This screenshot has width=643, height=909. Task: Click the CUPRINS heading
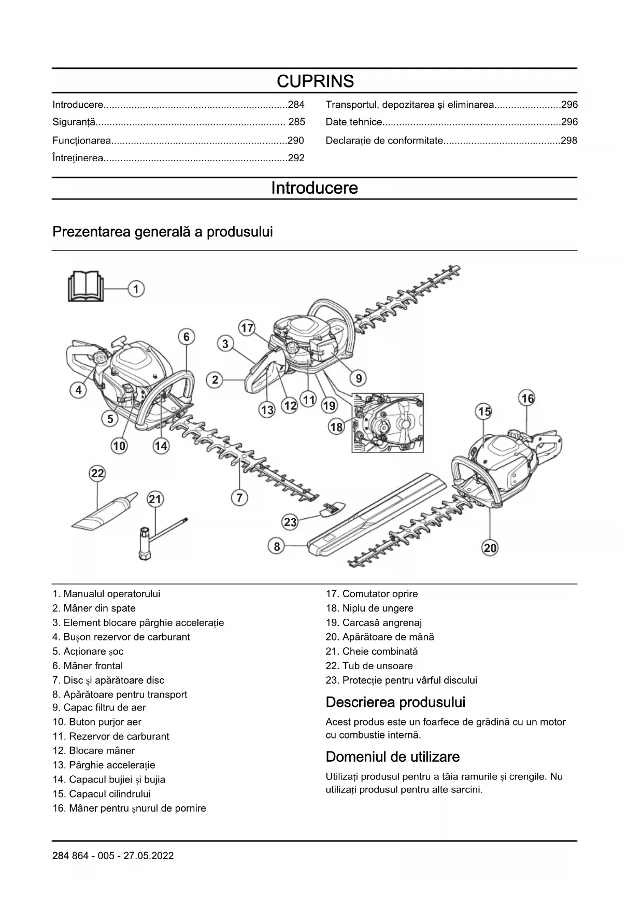pyautogui.click(x=315, y=81)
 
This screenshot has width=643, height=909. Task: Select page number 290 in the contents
pyautogui.click(x=295, y=140)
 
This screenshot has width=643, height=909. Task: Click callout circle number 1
pyautogui.click(x=136, y=289)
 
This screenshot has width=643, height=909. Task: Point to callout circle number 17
pyautogui.click(x=247, y=328)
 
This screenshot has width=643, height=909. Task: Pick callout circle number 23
pyautogui.click(x=290, y=522)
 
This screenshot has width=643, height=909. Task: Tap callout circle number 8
pyautogui.click(x=277, y=546)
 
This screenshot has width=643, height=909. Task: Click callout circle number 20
pyautogui.click(x=490, y=548)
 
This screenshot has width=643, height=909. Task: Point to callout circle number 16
pyautogui.click(x=527, y=399)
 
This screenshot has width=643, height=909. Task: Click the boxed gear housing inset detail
pyautogui.click(x=388, y=423)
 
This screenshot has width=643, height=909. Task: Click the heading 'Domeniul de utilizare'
pyautogui.click(x=392, y=757)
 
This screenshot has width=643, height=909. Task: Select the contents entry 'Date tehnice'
pyautogui.click(x=354, y=122)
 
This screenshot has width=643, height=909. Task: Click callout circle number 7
pyautogui.click(x=239, y=498)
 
